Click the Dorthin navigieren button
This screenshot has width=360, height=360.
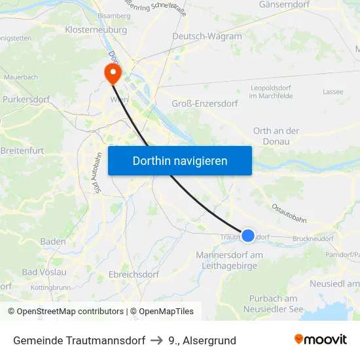click(180, 160)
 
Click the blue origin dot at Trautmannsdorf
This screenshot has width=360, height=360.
click(248, 236)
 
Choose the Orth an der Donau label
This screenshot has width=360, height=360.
click(276, 135)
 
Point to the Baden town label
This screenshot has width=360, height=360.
click(53, 242)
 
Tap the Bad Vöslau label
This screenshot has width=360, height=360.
click(45, 272)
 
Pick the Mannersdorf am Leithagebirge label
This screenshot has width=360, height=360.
click(230, 260)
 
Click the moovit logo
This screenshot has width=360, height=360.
click(321, 340)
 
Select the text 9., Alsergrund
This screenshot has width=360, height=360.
click(202, 340)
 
